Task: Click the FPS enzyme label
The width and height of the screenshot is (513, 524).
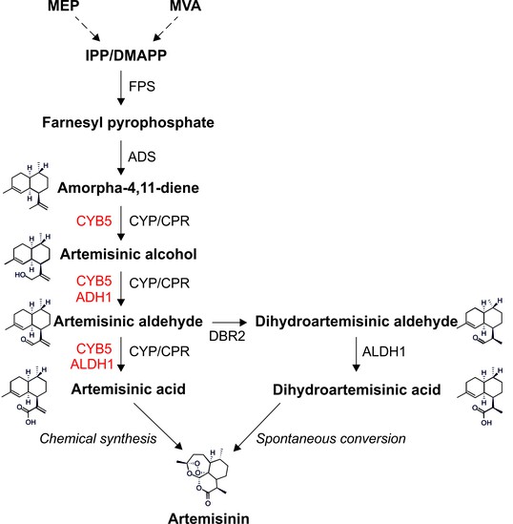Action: coord(142,86)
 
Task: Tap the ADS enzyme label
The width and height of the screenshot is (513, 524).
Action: coord(142,157)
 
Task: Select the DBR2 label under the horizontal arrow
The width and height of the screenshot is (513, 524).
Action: coord(227,336)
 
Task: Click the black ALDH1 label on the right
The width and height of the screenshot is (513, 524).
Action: coord(384,351)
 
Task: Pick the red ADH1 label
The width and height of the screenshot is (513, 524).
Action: coord(93,297)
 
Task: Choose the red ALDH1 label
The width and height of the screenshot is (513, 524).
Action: coord(92,364)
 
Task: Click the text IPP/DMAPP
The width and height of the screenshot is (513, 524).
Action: coord(126,55)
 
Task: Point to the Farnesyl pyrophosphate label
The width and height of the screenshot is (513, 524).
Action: coord(128,123)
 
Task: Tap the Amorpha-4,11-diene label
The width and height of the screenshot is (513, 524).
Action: coord(128,188)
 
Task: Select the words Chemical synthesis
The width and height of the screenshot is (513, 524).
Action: coord(98,439)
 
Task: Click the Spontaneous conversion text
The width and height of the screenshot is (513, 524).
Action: coord(331,439)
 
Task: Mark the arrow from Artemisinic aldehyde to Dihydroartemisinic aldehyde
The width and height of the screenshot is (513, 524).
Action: coord(229,323)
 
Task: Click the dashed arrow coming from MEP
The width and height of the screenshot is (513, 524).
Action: coord(88,29)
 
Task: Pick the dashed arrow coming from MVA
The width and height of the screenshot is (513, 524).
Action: coord(166,29)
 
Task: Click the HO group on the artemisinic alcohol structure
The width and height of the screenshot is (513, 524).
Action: coord(20,275)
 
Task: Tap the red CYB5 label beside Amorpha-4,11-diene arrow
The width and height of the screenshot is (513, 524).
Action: coord(93,220)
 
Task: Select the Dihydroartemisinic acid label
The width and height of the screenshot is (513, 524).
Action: coord(357,389)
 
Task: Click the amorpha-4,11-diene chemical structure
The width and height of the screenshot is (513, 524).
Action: coord(28,186)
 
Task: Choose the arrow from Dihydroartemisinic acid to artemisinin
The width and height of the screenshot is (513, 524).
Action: coord(257,428)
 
